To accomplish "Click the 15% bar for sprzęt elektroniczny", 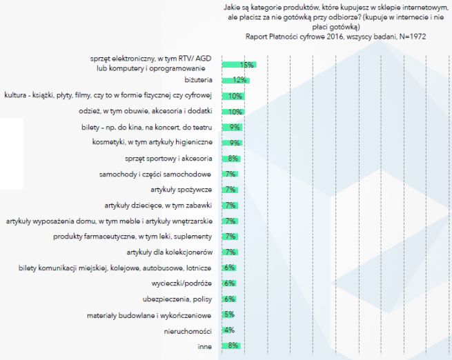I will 238,65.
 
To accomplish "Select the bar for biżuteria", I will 235,80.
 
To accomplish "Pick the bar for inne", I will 230,346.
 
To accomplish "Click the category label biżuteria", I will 199,80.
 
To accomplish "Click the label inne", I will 205,346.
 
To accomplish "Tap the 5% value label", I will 230,314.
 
